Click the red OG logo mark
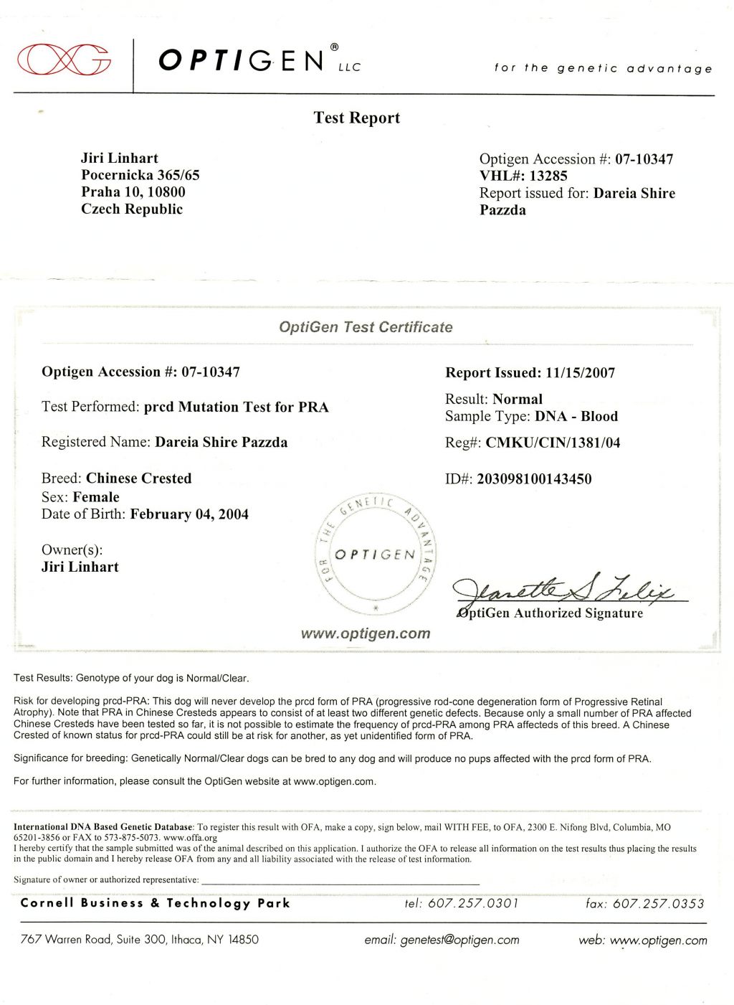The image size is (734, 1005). tap(65, 59)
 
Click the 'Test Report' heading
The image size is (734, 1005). tap(356, 118)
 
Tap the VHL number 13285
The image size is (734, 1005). tap(548, 176)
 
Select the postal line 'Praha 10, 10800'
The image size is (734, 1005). tap(133, 192)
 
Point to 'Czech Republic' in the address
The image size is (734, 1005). tap(132, 209)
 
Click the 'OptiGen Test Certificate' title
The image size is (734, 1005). tap(366, 327)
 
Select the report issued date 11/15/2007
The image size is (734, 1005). tap(580, 373)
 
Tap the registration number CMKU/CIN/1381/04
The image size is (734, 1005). tap(553, 443)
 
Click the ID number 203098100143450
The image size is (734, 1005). tap(534, 479)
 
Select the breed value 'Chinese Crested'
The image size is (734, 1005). tap(139, 478)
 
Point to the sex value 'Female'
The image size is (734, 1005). tap(96, 497)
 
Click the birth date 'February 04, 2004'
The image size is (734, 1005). tap(189, 514)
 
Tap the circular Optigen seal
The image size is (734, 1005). tap(376, 554)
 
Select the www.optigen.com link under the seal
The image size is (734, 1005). tap(366, 633)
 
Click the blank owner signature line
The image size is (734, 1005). tap(340, 880)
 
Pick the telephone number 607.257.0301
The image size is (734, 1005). tap(472, 904)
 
